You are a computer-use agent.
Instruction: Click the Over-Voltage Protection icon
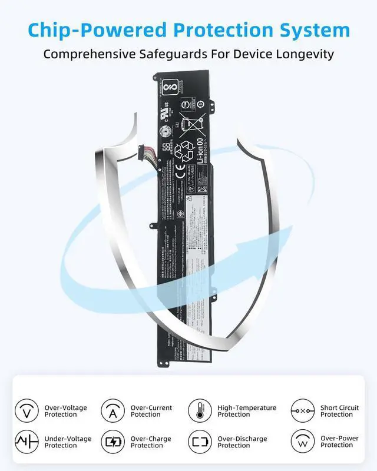point(26,410)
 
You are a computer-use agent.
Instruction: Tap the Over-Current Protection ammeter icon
point(113,410)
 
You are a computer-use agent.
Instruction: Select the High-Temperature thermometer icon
point(200,410)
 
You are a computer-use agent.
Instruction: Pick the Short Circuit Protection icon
point(302,410)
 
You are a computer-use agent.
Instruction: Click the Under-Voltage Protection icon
point(26,442)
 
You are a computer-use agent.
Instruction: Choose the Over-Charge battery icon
point(113,442)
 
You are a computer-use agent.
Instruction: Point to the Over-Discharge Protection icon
point(200,442)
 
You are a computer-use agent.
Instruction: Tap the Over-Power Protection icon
point(302,442)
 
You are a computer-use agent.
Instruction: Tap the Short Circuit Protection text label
point(339,411)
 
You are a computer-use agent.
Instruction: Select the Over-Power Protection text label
point(339,442)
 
